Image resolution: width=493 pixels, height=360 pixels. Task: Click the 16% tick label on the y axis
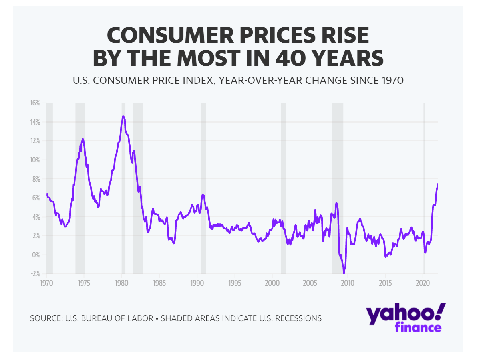35,103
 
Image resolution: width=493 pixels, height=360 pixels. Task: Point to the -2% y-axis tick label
35,274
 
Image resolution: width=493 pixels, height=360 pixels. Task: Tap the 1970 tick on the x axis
46,283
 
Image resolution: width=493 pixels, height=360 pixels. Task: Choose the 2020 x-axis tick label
423,283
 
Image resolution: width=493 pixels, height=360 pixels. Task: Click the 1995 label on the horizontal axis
235,283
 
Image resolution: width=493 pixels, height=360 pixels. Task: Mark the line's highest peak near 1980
123,117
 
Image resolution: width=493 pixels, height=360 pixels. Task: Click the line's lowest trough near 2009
344,273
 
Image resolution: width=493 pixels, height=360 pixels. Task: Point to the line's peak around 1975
83,139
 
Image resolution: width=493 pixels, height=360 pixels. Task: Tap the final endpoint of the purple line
437,184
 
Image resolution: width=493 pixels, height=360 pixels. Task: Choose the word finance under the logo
418,328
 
